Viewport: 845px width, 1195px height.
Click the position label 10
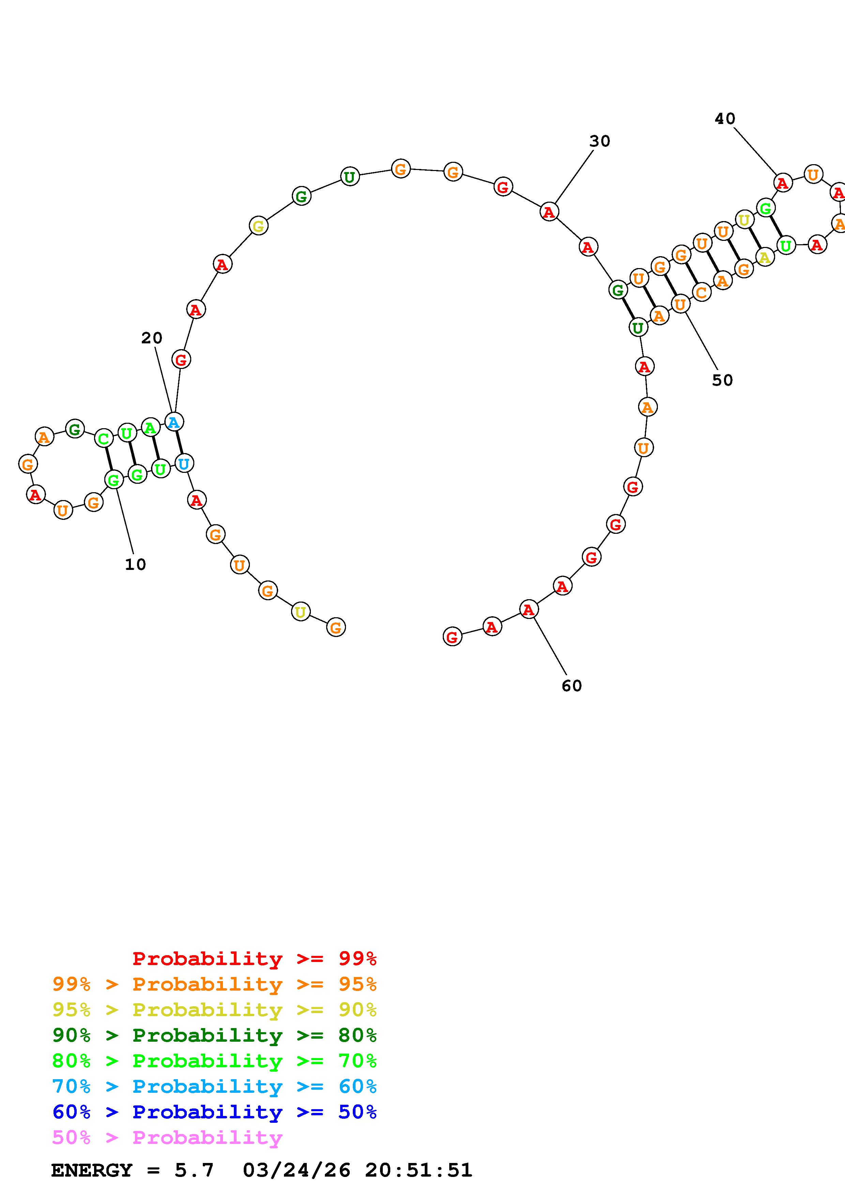point(135,564)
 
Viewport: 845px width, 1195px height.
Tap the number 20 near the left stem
point(151,338)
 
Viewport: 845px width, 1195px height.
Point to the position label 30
point(600,141)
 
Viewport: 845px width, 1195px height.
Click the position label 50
point(722,381)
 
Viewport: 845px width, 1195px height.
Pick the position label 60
point(572,686)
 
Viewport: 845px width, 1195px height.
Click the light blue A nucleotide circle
point(174,422)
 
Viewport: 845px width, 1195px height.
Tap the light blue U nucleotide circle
point(184,463)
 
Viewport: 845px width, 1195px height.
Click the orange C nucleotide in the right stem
point(701,293)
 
